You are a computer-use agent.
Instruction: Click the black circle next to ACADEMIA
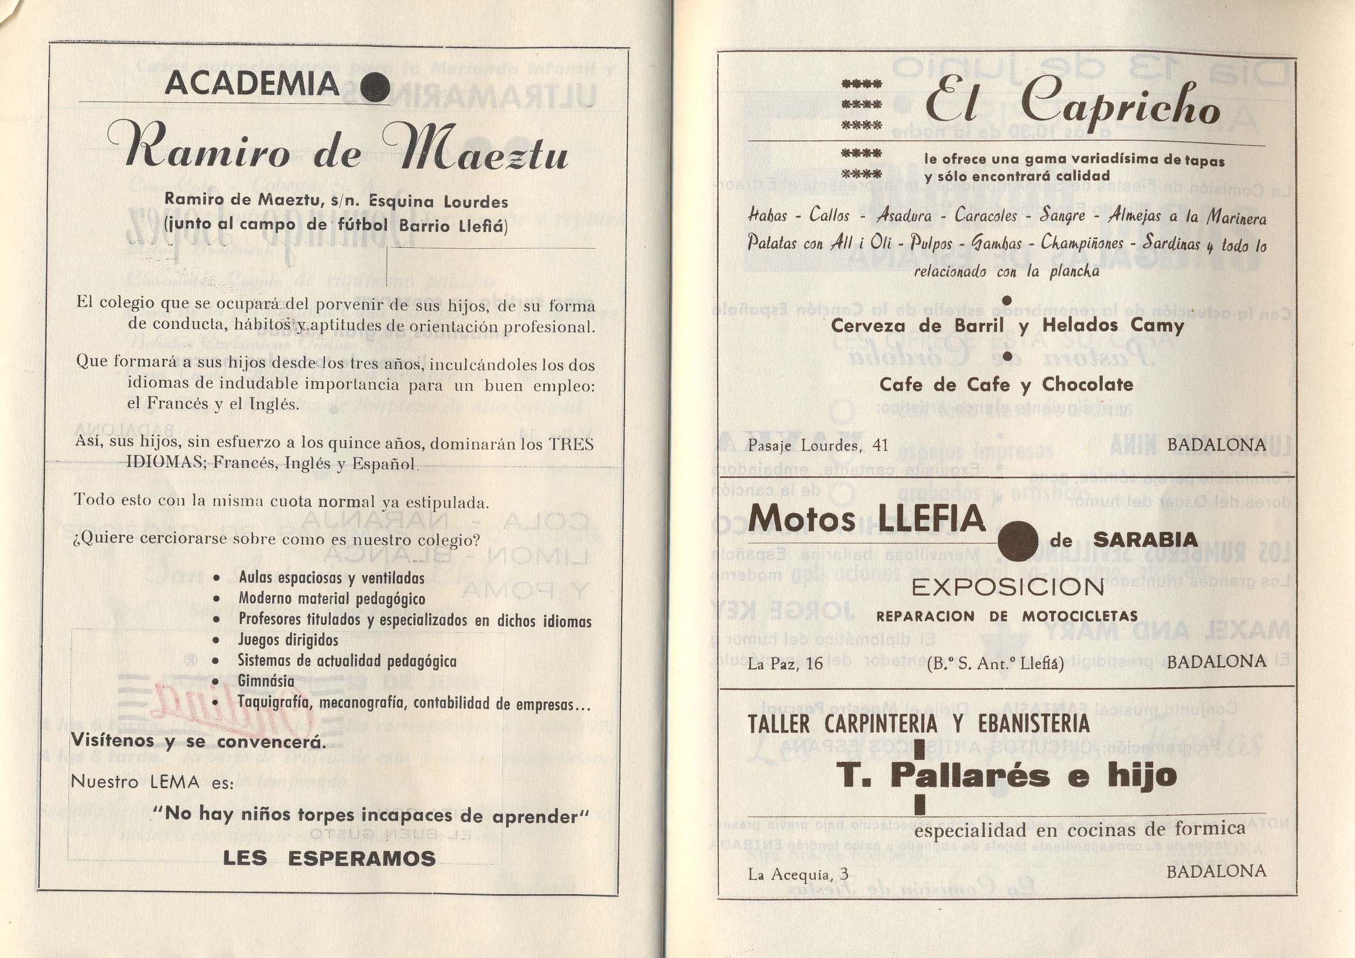375,88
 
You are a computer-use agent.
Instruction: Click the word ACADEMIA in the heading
252,84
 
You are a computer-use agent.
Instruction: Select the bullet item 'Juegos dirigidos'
288,640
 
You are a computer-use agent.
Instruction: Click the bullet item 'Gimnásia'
266,681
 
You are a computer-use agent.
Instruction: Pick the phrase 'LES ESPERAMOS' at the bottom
330,858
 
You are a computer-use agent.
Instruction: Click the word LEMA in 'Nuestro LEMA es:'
174,782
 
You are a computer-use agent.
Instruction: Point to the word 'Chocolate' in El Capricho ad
1087,384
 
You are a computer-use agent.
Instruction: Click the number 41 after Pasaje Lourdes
880,445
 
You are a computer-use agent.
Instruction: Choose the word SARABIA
1145,539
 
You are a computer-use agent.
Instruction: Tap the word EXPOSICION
1008,587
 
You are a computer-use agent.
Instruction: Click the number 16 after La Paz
814,663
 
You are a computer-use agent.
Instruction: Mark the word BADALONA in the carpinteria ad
1216,871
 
